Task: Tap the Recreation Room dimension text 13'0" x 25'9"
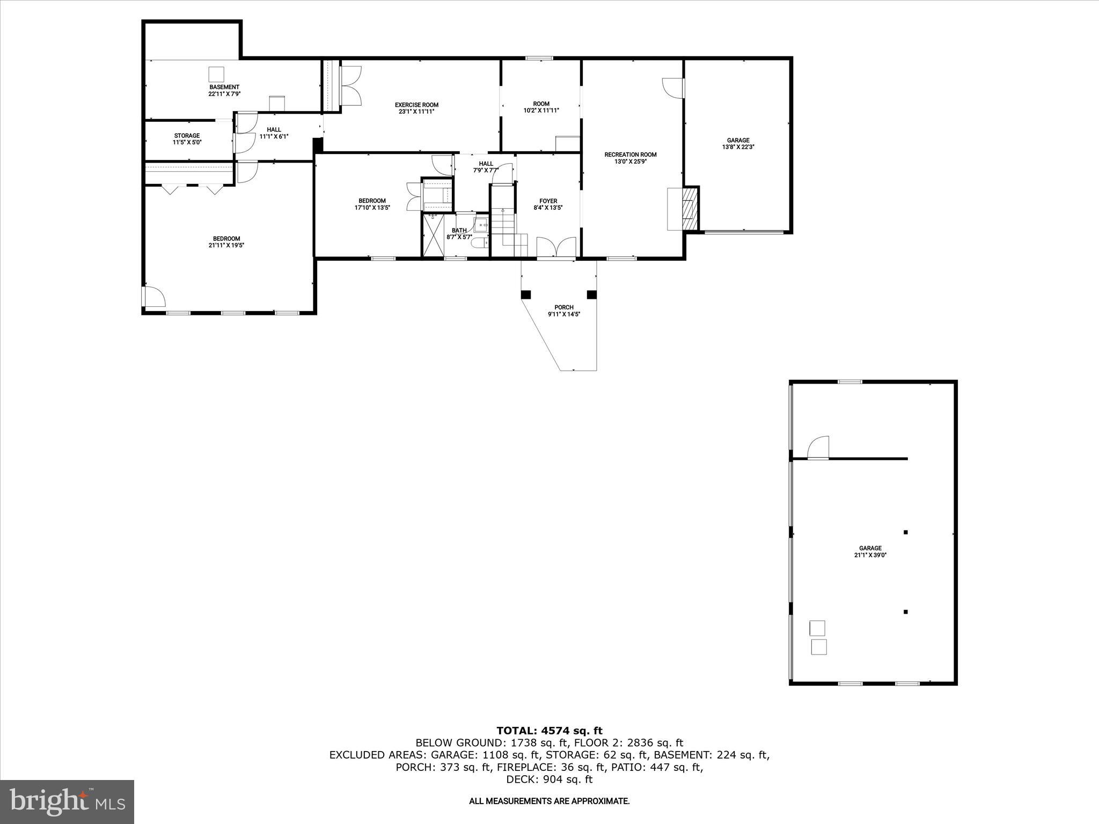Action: pos(630,161)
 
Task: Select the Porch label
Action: pos(563,307)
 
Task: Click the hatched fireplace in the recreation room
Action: pos(689,208)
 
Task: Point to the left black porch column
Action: pos(526,295)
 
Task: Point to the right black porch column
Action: pos(591,295)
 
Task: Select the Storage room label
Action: pos(187,136)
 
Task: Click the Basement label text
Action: pos(224,87)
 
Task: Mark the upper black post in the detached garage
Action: pos(905,532)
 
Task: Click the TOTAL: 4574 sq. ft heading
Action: pos(549,731)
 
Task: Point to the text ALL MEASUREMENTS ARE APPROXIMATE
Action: pos(549,801)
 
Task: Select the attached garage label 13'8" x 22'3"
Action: pos(738,147)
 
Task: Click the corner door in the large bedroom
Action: pos(153,296)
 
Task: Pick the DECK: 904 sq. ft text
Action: pos(549,779)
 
